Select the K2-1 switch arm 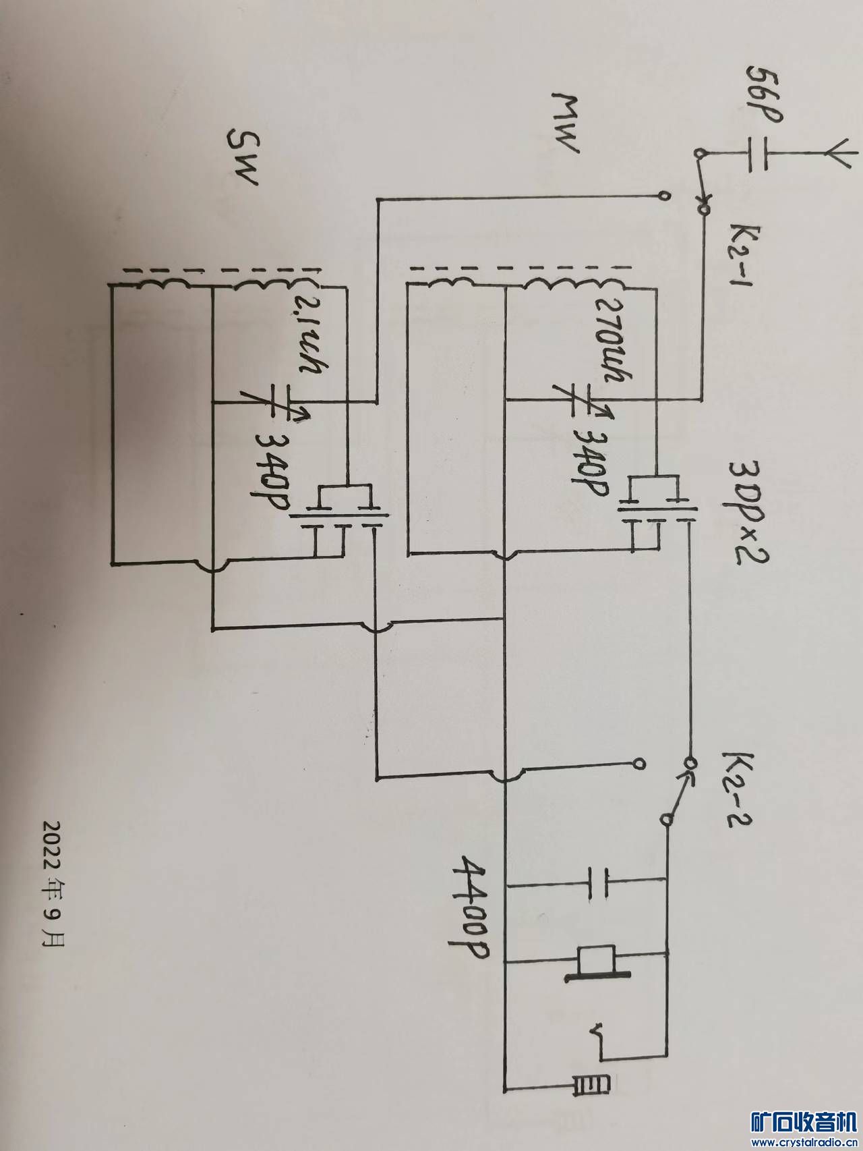click(701, 182)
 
